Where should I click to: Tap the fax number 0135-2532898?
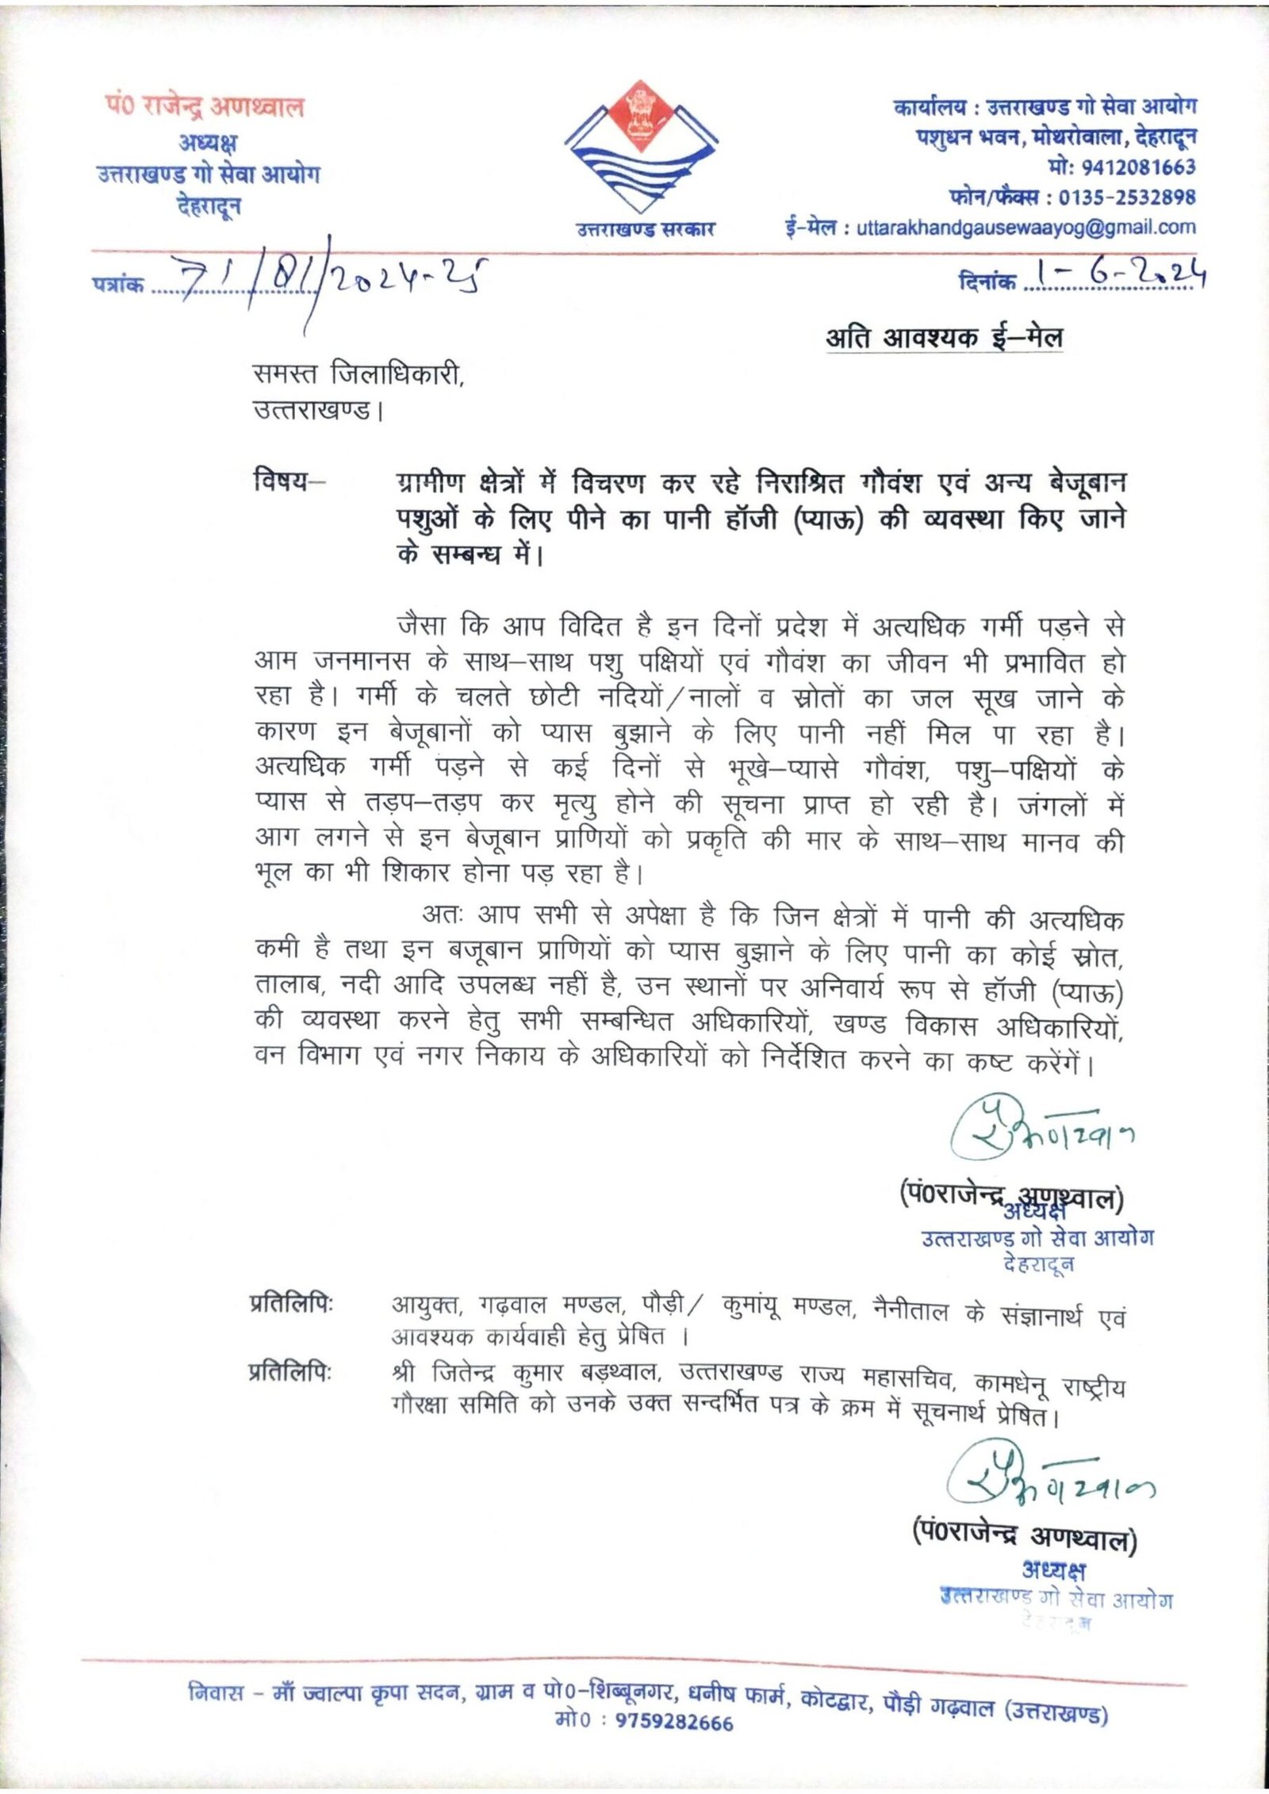1126,197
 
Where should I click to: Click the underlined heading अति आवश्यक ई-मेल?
944,338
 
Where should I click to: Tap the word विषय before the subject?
282,481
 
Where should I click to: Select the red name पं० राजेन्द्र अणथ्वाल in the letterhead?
205,106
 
